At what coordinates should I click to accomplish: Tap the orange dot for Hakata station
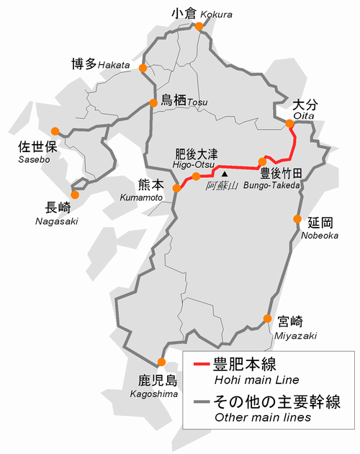[143, 68]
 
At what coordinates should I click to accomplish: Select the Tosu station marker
[153, 103]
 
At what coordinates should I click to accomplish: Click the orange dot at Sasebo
[55, 132]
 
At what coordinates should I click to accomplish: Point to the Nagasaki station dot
[74, 194]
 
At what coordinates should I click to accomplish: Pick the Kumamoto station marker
[176, 189]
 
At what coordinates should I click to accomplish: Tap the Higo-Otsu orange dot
[196, 177]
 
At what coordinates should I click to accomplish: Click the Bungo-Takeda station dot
[263, 161]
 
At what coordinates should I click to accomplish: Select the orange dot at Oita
[289, 124]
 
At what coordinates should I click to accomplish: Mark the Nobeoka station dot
[297, 219]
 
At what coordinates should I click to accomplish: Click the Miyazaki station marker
[267, 319]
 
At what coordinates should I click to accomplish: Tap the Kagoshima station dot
[161, 362]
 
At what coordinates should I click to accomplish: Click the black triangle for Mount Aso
[225, 174]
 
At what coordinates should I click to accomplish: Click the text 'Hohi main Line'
[246, 380]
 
